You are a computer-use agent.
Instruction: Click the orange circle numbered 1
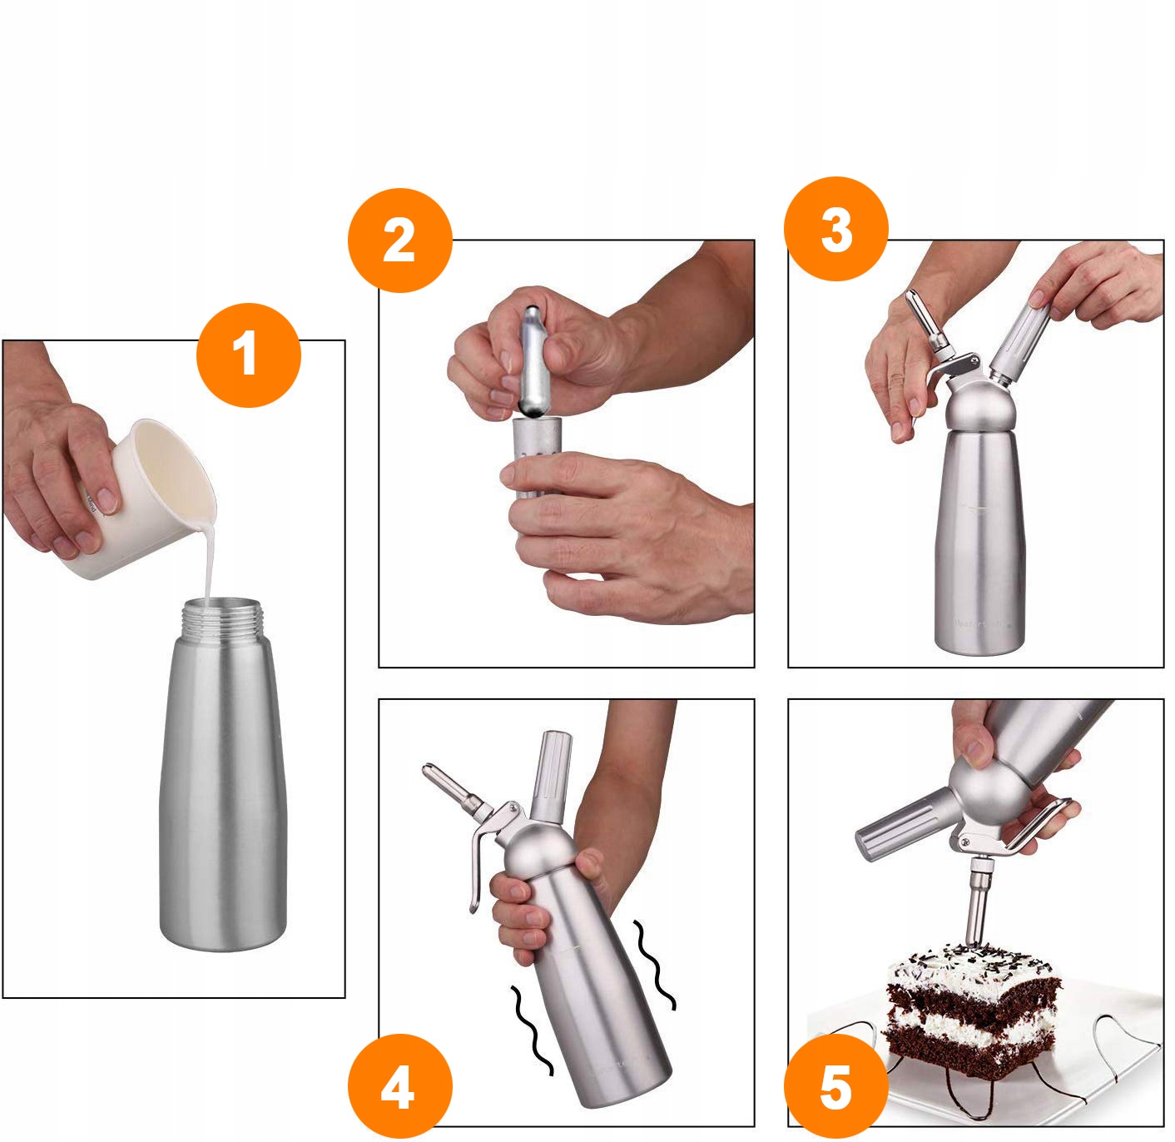248,355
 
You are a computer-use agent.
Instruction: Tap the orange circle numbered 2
399,241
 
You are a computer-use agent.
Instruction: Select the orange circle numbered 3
836,229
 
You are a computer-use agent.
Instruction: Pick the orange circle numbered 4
399,1086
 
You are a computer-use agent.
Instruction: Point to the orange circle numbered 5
836,1086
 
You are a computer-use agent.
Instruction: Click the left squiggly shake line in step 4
533,1032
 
